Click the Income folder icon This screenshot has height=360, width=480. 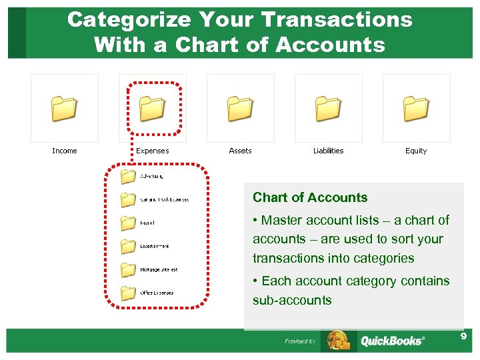click(64, 108)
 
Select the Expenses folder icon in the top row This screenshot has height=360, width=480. click(152, 108)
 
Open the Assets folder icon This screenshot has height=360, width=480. click(240, 108)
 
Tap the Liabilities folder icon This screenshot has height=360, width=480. click(328, 108)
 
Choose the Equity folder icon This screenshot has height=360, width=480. click(416, 108)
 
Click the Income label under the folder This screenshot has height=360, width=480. click(65, 151)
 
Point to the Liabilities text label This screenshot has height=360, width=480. click(328, 151)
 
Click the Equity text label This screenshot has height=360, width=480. click(416, 151)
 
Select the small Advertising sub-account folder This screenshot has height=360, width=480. click(127, 177)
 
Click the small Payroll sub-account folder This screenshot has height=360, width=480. click(127, 223)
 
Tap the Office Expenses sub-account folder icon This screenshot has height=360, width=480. click(127, 293)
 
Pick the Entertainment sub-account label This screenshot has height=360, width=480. click(154, 246)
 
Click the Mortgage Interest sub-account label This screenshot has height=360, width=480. click(159, 269)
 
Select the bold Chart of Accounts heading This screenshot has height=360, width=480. click(310, 197)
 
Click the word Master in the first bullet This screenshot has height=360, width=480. click(283, 220)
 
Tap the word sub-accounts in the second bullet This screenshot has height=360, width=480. click(292, 300)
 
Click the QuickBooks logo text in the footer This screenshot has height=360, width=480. click(391, 341)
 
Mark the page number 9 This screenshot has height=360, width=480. click(463, 337)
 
